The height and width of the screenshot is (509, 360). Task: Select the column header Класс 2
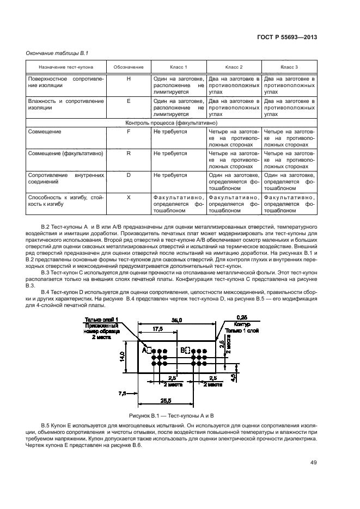[234, 67]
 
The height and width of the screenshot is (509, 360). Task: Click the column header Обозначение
[129, 67]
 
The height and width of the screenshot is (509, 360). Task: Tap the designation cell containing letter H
[129, 79]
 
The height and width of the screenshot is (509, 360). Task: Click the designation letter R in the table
[129, 154]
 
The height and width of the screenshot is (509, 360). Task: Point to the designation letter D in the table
[129, 175]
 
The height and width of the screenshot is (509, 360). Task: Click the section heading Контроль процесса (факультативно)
[172, 124]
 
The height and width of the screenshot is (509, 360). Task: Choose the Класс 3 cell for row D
[289, 179]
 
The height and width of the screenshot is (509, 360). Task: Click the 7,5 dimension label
[122, 392]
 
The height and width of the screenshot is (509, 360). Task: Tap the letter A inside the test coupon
[145, 351]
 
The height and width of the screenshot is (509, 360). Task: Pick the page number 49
[313, 463]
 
